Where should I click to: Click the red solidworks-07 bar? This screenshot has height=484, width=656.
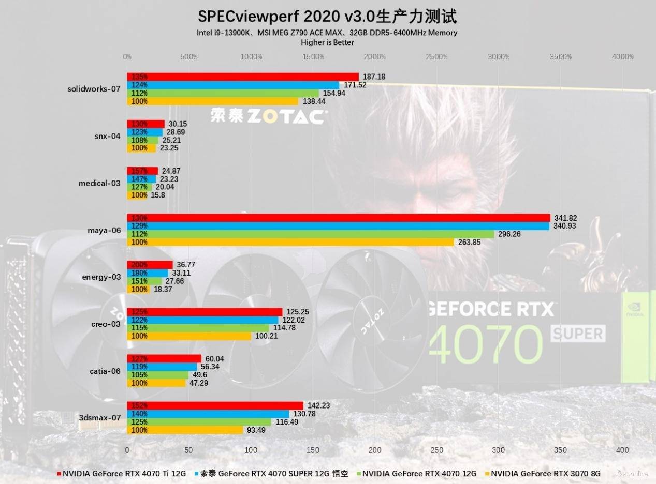coord(243,77)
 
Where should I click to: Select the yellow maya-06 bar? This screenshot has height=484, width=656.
coord(290,242)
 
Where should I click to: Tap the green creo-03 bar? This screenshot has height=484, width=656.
coord(198,328)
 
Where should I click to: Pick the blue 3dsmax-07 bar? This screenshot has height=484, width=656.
coord(208,414)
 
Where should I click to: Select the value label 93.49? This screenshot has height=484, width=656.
coord(256,430)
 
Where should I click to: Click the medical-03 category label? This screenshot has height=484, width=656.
coord(99,183)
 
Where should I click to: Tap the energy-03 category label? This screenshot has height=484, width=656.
coord(101,277)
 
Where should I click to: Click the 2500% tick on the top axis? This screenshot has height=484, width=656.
coord(436,57)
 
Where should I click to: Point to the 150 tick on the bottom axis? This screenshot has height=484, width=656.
coord(313,450)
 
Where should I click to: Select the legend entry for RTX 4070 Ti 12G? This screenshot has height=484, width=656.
coord(124,473)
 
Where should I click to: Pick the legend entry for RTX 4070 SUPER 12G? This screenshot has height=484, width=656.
coord(274,473)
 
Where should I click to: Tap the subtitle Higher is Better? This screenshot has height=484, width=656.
coord(327,42)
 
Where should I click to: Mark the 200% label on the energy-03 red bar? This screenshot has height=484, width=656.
coord(139,265)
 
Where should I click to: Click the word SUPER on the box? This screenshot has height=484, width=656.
coord(578,334)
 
